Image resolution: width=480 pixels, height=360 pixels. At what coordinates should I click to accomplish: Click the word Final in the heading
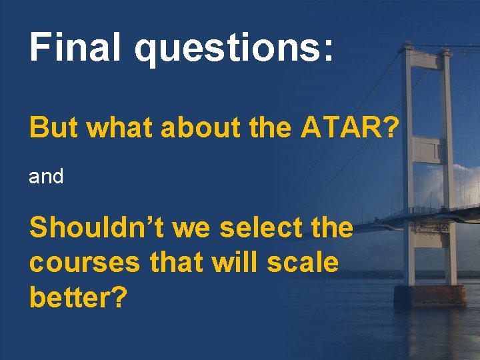pyautogui.click(x=74, y=48)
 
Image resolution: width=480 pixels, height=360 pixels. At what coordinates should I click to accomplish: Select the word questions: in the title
pyautogui.click(x=233, y=51)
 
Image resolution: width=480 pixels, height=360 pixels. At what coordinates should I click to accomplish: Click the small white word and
pyautogui.click(x=46, y=177)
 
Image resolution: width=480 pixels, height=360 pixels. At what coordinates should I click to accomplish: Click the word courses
pyautogui.click(x=85, y=263)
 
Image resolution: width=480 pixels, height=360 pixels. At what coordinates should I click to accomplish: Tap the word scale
pyautogui.click(x=304, y=263)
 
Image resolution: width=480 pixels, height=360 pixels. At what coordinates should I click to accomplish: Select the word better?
pyautogui.click(x=78, y=297)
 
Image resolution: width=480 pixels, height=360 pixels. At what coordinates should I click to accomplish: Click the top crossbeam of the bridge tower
pyautogui.click(x=426, y=59)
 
